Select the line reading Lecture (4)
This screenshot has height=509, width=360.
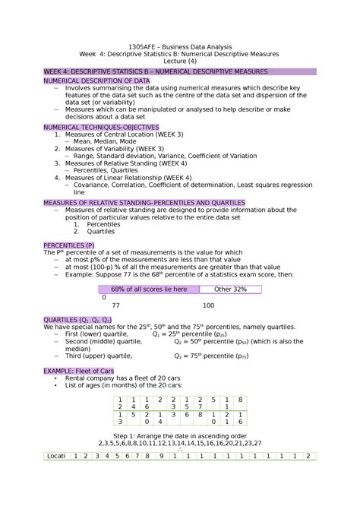pos(180,62)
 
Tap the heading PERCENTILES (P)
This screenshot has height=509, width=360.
pos(69,245)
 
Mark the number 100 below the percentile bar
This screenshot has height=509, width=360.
pos(208,305)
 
